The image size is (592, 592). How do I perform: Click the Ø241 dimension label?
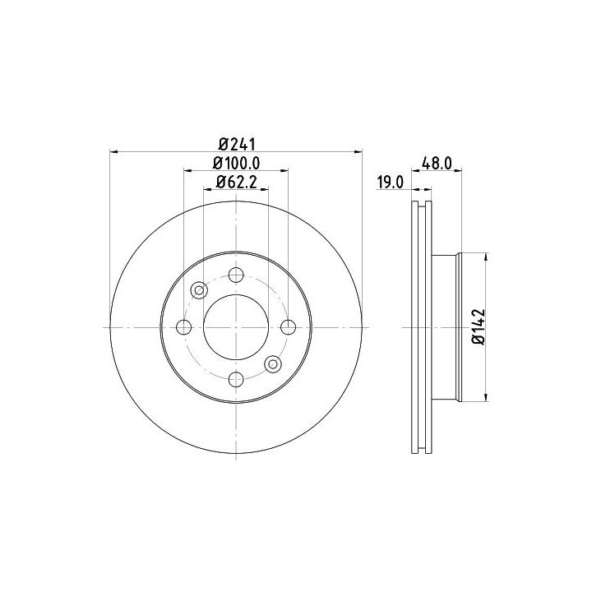tap(237, 144)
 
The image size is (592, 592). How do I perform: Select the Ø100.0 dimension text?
tap(237, 164)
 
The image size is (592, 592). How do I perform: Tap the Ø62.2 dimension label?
tap(236, 183)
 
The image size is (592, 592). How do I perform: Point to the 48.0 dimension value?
tap(437, 164)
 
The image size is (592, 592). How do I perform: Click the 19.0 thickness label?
tap(391, 183)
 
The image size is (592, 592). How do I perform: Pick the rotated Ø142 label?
tap(478, 326)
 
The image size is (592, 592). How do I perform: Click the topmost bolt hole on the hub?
tap(236, 275)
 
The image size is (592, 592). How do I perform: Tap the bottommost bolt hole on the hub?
tap(236, 379)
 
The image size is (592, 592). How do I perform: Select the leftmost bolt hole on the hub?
tap(184, 327)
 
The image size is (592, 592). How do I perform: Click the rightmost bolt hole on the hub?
tap(288, 327)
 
